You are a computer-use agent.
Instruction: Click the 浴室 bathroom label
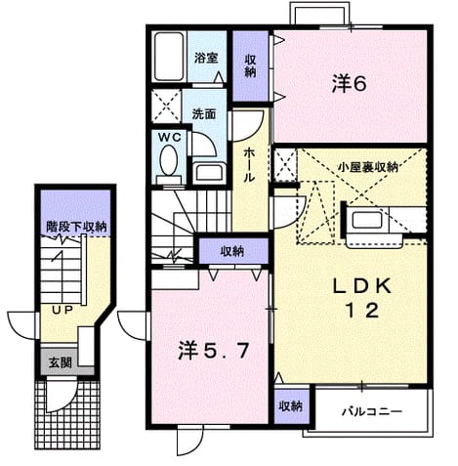coord(206,58)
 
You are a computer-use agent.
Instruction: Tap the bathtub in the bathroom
coord(169,57)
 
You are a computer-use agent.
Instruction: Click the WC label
coord(170,138)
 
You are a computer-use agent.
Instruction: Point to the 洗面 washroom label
coord(204,114)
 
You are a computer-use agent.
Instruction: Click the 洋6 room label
coord(350,84)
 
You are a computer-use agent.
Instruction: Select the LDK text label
coord(361,286)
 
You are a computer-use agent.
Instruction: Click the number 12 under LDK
coord(362,310)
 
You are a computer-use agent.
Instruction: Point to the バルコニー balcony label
coord(372,412)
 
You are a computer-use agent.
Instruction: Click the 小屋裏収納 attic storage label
coord(367,167)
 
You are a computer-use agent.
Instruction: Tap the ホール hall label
coord(249,164)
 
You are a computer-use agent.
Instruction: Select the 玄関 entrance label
coord(61,362)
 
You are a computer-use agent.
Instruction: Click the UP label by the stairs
coord(62,310)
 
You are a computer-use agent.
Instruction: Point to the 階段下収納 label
coord(76,227)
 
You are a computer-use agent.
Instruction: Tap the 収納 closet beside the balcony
coord(290,406)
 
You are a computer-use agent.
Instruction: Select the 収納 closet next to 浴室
coord(250,66)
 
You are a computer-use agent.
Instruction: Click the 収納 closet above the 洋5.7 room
coord(233,251)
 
